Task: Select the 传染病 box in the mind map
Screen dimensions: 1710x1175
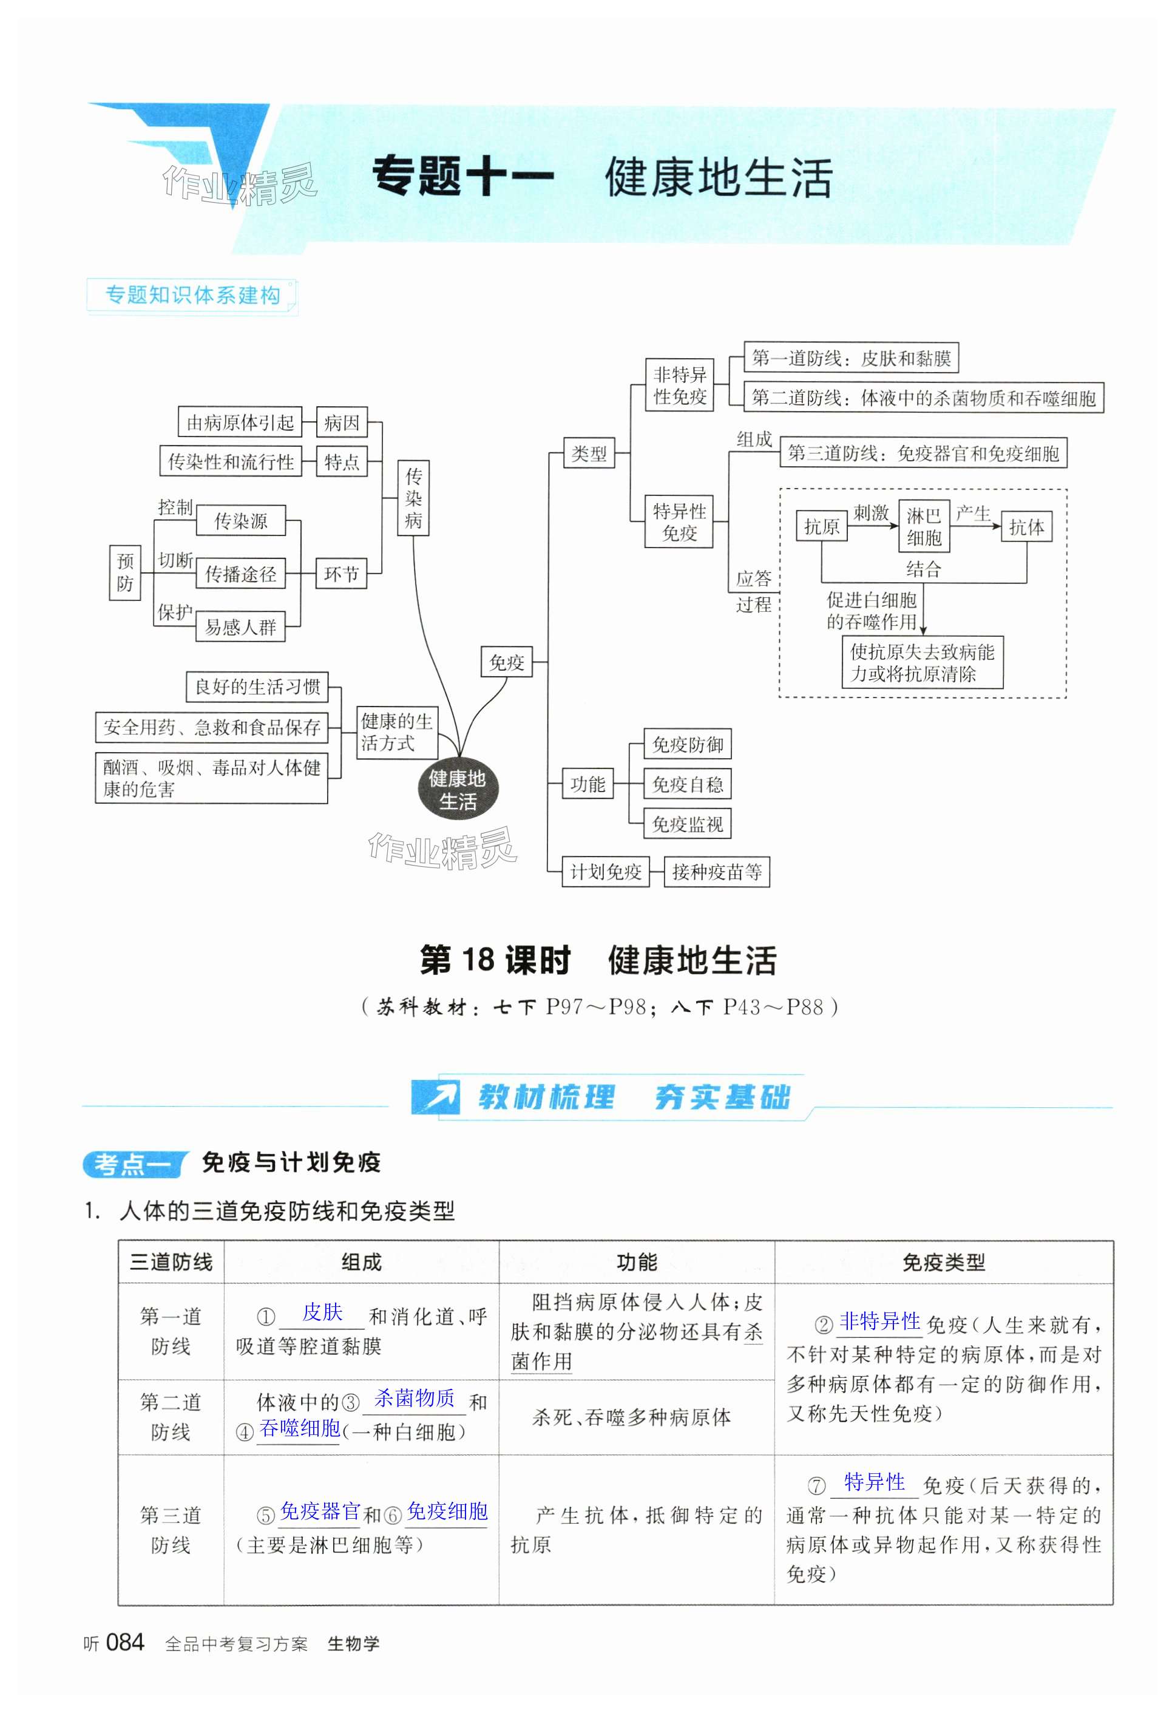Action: pos(413,498)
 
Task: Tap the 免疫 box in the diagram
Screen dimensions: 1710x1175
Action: pos(507,662)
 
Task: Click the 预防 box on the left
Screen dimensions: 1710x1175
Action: pos(125,572)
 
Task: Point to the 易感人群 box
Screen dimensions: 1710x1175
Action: pos(240,627)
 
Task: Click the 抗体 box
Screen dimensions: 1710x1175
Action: pos(1026,527)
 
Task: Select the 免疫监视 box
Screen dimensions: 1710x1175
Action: pos(687,824)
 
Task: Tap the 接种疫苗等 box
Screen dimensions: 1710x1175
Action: pos(716,872)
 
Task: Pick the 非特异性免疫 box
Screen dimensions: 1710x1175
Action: pos(680,385)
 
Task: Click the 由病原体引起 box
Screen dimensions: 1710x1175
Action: pos(240,422)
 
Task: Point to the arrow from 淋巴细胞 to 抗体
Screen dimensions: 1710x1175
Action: pos(976,526)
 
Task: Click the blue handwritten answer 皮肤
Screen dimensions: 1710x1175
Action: pos(322,1312)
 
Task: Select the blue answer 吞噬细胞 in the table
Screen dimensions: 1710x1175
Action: pos(300,1428)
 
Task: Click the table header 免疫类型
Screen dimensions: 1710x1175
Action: pos(943,1263)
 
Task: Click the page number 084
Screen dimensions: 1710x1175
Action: pos(125,1642)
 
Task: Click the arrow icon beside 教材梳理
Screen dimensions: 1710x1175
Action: pos(436,1096)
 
